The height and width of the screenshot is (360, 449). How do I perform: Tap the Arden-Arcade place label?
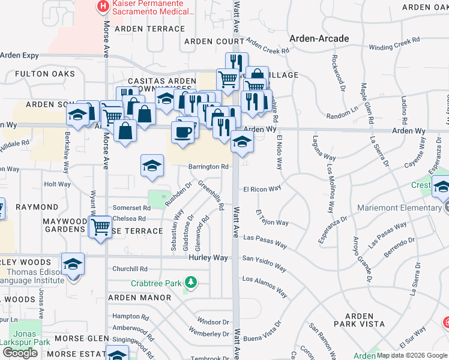tap(319, 38)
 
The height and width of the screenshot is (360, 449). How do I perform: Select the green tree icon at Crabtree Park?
tap(190, 282)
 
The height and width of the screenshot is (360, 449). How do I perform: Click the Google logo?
tap(20, 353)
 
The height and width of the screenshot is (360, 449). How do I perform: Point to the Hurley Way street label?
tap(208, 257)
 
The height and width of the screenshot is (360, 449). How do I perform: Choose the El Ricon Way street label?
tap(262, 188)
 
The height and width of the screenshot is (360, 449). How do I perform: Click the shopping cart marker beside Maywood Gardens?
tap(100, 227)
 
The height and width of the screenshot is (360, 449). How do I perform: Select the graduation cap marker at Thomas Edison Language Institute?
tap(72, 264)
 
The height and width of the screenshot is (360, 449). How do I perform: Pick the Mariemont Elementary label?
tap(399, 208)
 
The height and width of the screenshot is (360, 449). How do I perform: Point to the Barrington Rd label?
tap(209, 167)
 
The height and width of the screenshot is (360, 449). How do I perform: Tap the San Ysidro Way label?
tap(264, 259)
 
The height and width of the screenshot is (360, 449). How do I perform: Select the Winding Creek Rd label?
tap(394, 44)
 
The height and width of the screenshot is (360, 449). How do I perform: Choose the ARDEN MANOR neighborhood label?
tap(139, 298)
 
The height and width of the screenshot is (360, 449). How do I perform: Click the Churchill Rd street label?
tap(130, 269)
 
